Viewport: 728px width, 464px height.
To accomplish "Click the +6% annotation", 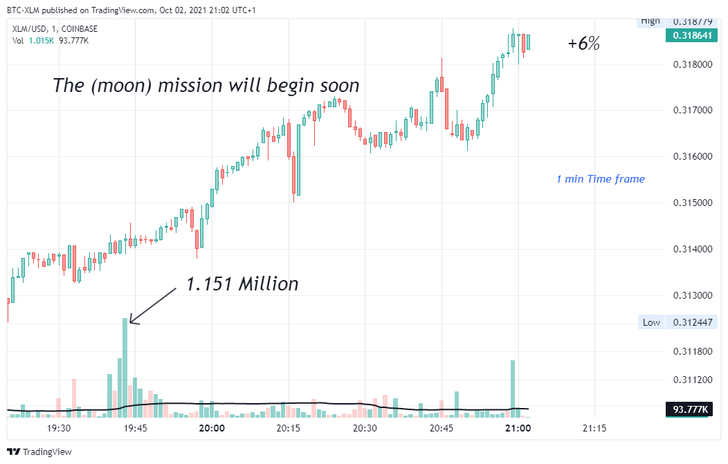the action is tap(583, 44).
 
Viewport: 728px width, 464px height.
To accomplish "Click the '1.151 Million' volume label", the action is tap(242, 284).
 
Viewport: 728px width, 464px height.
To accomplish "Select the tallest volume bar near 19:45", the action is tap(125, 367).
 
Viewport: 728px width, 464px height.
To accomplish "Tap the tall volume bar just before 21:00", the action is tap(513, 389).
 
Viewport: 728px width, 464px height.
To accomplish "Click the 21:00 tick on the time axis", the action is tap(518, 428).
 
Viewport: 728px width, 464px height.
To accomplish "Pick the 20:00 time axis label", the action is tap(212, 428).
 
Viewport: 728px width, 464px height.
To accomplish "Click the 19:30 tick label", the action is tap(59, 428).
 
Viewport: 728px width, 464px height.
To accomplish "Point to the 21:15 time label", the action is tap(594, 428).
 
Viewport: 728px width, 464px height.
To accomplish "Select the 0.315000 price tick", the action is tap(693, 203).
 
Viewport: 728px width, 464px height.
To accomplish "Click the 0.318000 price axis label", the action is tap(693, 64).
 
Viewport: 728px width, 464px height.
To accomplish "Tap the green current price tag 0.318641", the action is tap(692, 35).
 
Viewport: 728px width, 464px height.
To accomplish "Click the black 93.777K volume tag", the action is tap(689, 409).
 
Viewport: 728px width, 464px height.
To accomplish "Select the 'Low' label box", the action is tap(651, 322).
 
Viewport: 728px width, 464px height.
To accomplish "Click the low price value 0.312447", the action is tap(692, 322).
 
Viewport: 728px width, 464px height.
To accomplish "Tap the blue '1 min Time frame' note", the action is tap(601, 179).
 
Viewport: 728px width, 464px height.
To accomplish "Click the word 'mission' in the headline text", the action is tap(190, 86).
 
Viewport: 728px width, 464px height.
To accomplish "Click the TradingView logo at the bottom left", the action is tap(40, 452).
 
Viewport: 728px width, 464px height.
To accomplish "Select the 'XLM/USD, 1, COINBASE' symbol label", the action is tap(55, 29).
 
